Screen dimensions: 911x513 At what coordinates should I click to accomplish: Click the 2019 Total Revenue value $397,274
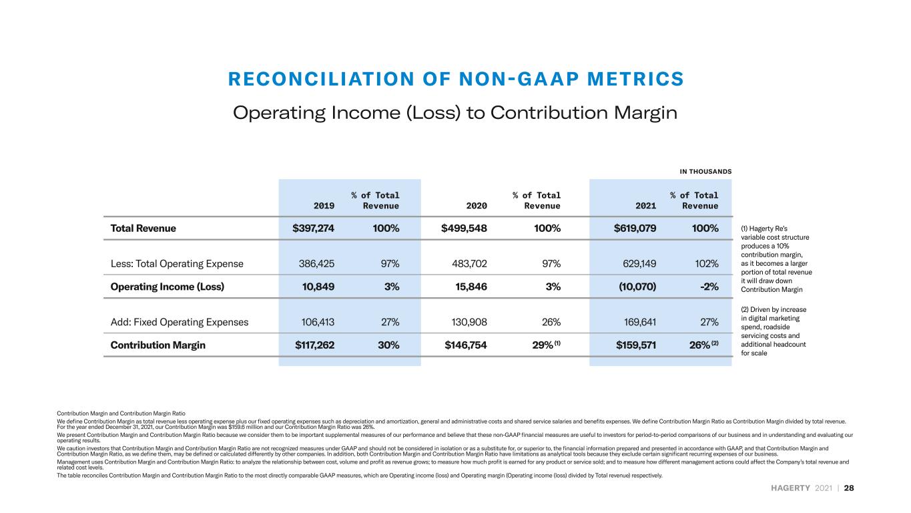(x=313, y=228)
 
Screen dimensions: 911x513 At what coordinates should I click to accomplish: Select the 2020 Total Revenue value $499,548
(x=464, y=228)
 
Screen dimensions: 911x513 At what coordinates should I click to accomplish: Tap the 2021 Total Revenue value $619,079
(x=635, y=228)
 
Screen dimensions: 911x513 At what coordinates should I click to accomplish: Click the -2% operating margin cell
(x=709, y=287)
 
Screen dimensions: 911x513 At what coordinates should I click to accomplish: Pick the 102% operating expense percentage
(x=706, y=264)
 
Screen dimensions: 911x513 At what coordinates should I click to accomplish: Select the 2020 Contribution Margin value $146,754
(x=466, y=345)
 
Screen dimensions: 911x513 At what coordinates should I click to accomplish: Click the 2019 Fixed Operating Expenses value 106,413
(x=318, y=322)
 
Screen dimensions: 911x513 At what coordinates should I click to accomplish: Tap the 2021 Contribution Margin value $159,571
(x=636, y=345)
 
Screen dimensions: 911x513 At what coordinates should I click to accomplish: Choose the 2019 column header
(x=324, y=206)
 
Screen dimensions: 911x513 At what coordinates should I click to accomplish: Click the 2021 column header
(x=646, y=206)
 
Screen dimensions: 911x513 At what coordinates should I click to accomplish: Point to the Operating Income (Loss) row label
(x=167, y=287)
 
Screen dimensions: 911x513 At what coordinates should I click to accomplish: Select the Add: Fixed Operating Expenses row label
(x=180, y=322)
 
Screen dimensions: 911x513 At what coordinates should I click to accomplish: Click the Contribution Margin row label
(x=158, y=345)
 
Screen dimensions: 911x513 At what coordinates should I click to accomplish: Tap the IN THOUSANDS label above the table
(x=705, y=172)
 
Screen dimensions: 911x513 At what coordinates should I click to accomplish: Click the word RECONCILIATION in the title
(x=321, y=79)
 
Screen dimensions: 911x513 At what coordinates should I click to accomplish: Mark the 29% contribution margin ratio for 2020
(x=543, y=345)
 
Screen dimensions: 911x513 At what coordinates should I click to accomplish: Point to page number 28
(x=849, y=488)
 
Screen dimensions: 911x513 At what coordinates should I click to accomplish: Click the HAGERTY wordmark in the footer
(x=790, y=488)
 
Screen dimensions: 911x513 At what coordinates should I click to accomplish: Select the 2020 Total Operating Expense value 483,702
(x=469, y=264)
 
